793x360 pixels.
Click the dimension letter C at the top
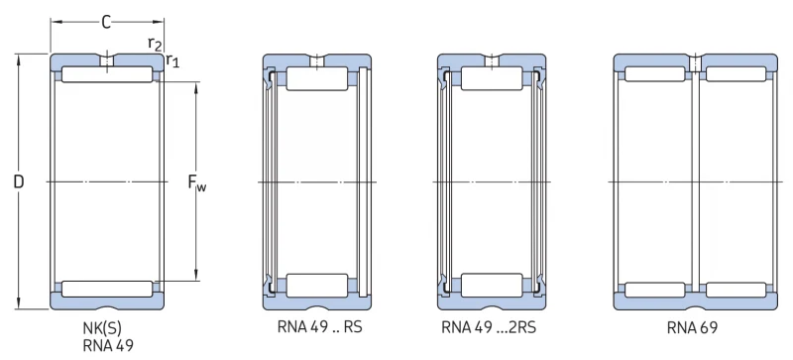[106, 22]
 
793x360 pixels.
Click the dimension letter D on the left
[19, 181]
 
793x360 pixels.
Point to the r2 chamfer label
[155, 44]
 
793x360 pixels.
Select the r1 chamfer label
[172, 60]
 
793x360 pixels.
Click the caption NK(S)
[102, 329]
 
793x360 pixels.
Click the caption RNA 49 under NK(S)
[108, 346]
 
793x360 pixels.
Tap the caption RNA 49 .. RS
[319, 327]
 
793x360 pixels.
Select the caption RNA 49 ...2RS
[489, 327]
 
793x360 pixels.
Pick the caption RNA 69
[692, 328]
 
